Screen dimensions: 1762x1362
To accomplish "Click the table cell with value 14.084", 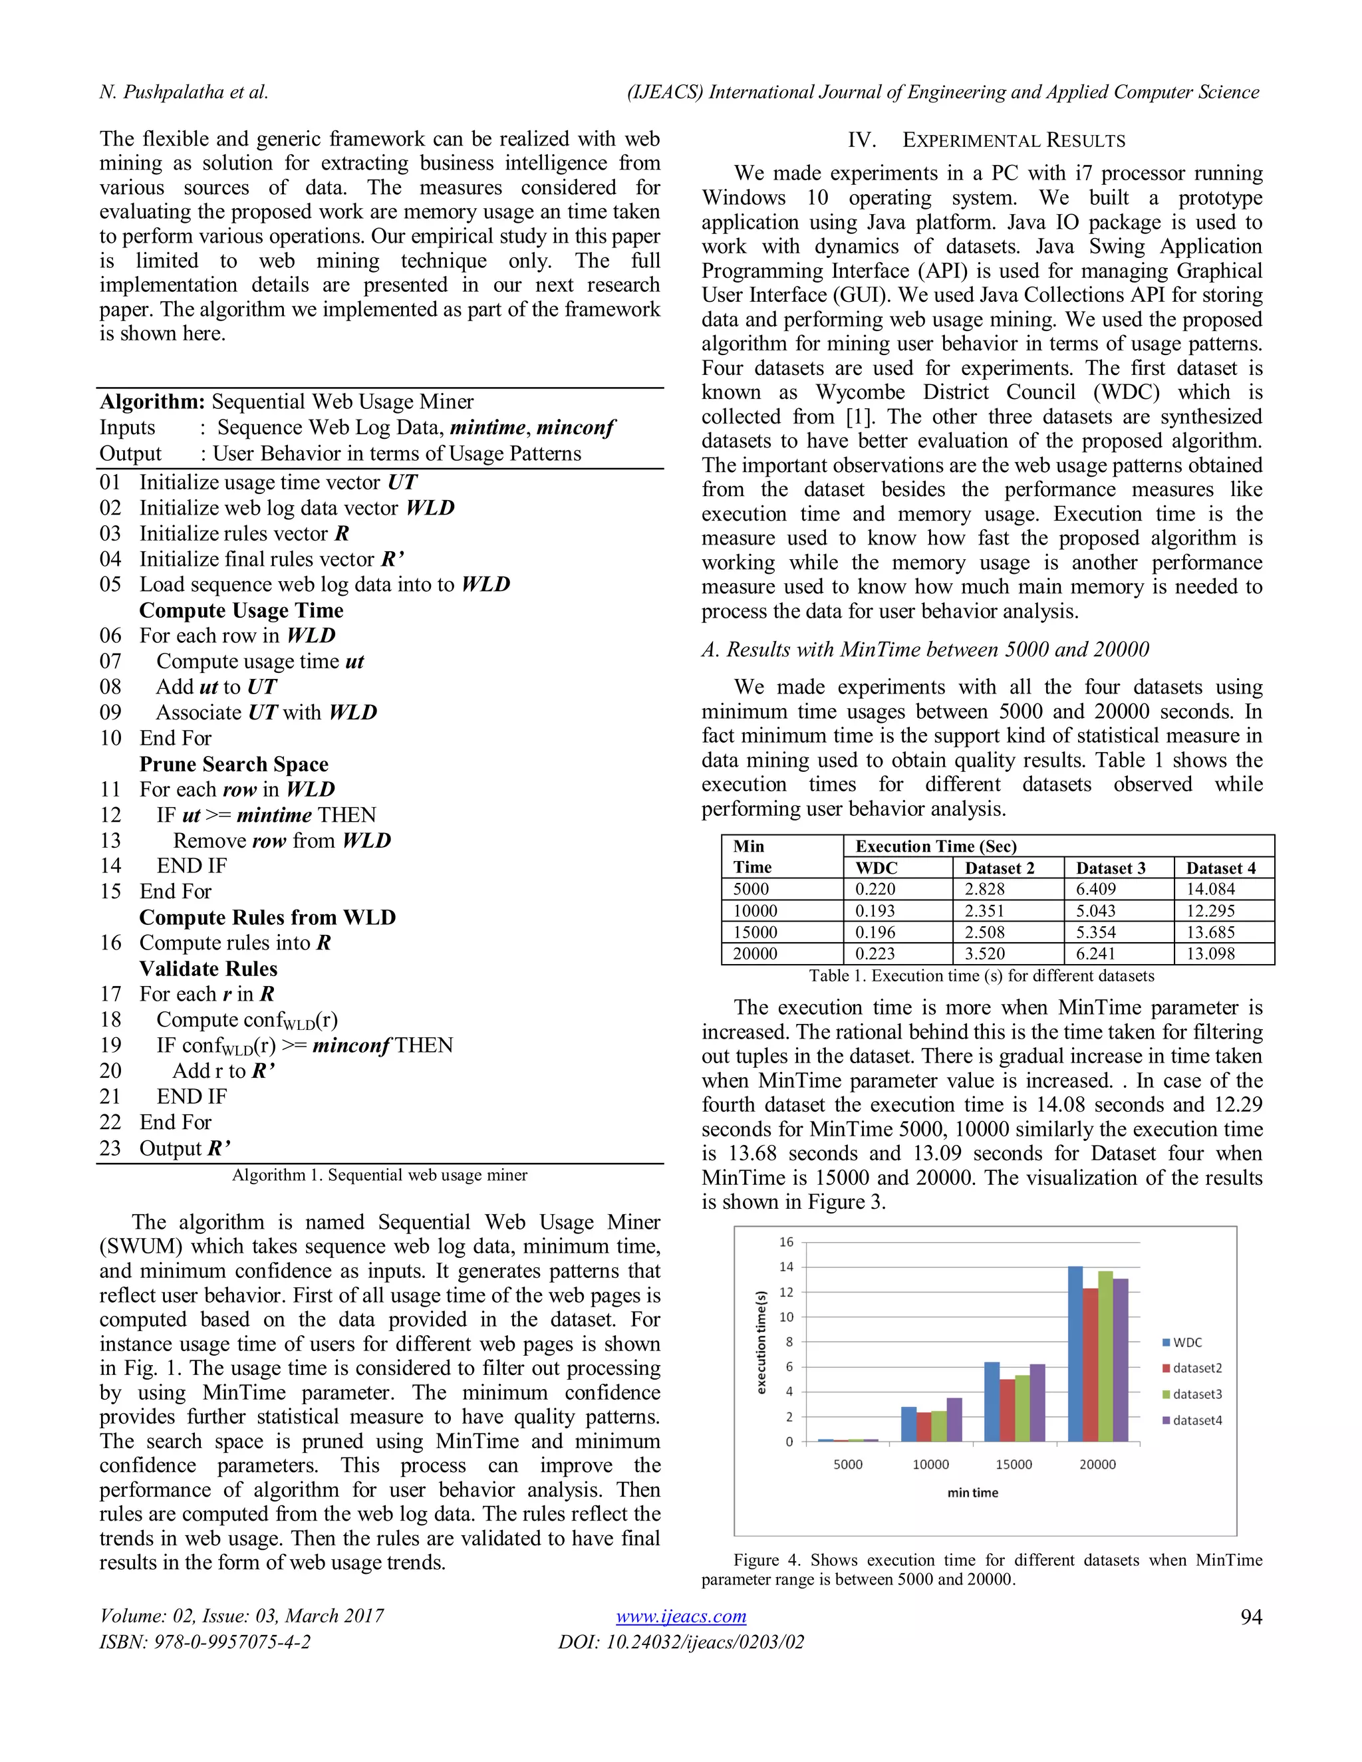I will coord(1210,889).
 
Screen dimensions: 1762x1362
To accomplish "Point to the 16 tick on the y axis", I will coord(786,1241).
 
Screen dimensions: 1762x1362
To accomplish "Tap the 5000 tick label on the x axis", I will coord(847,1464).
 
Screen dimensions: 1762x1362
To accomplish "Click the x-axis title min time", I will coord(972,1493).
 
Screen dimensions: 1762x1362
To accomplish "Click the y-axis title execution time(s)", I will coord(760,1342).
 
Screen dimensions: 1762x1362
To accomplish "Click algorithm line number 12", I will coord(110,815).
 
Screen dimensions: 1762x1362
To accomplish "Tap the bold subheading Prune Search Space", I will coord(233,764).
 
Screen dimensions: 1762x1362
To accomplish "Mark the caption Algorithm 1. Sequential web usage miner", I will coord(379,1175).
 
